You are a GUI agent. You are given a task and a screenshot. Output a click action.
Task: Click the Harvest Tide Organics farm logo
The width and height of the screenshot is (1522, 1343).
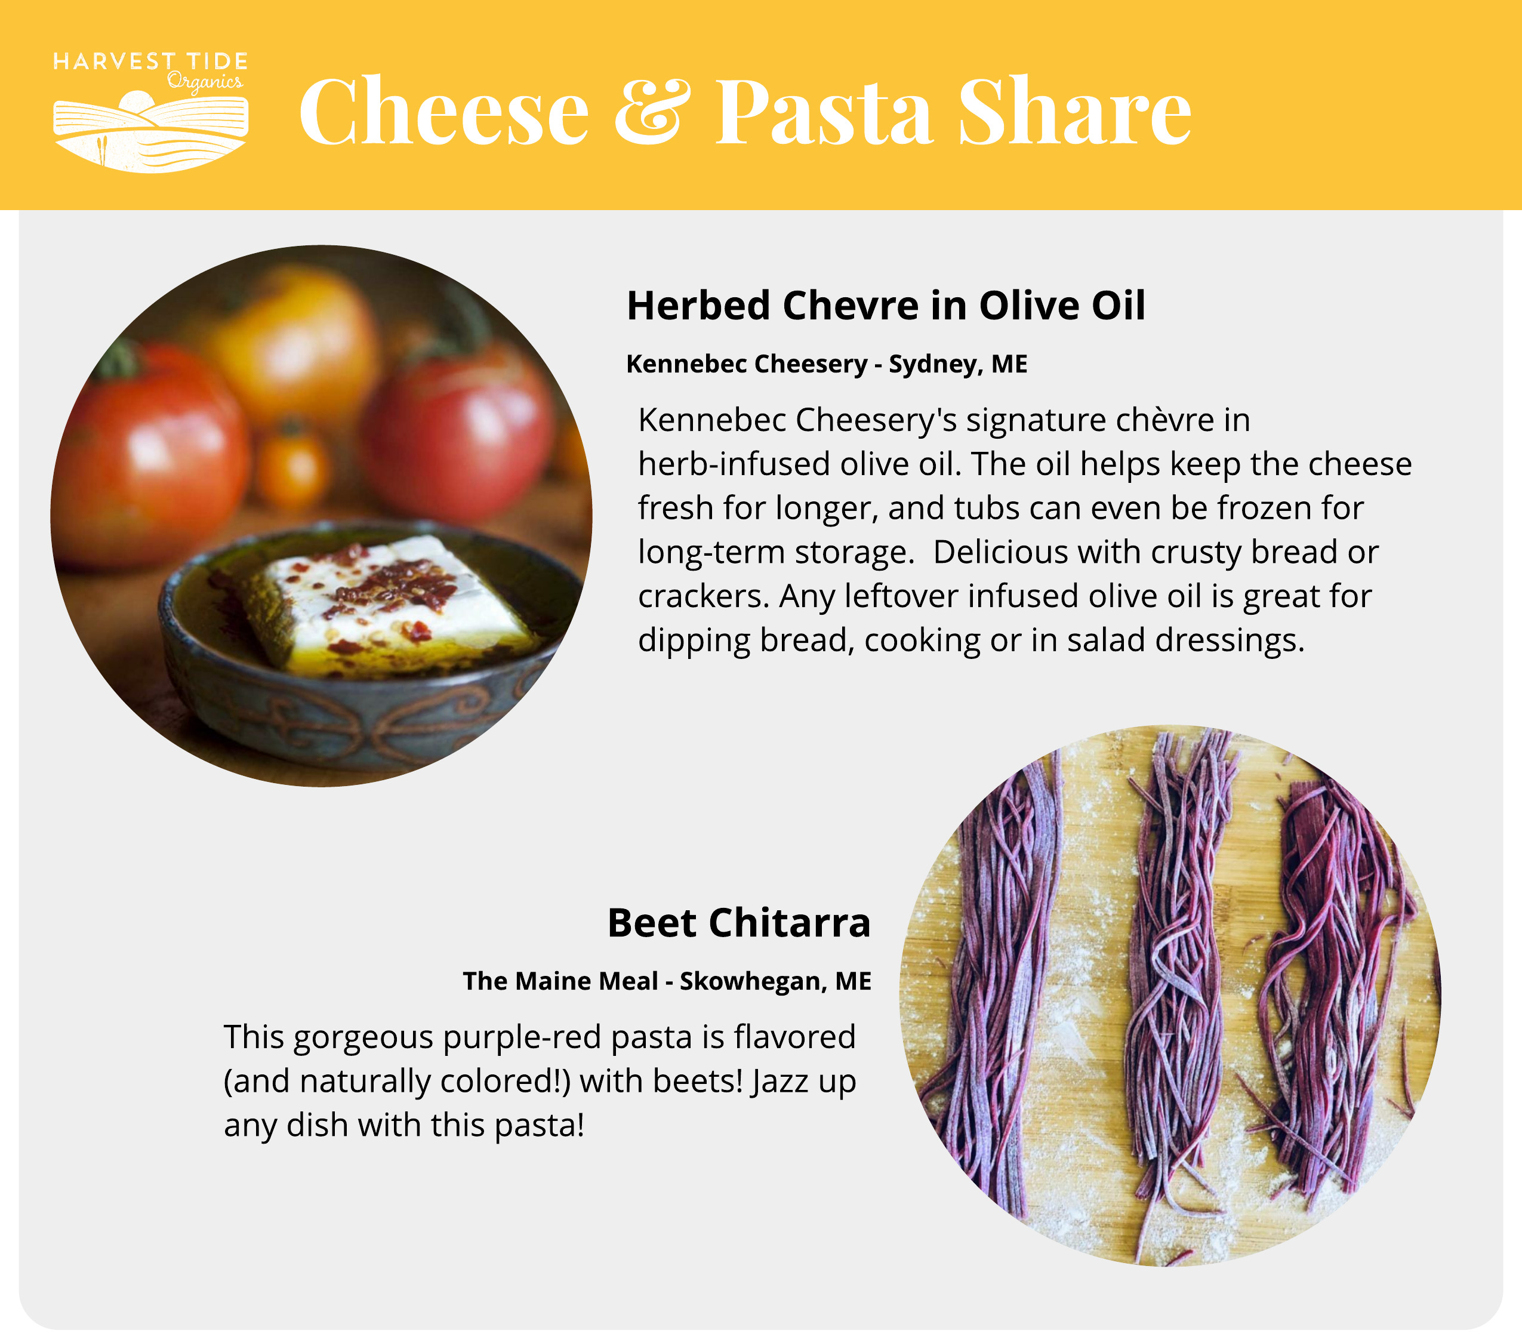coord(150,112)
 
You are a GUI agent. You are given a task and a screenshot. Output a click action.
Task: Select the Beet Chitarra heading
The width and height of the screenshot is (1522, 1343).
coord(739,923)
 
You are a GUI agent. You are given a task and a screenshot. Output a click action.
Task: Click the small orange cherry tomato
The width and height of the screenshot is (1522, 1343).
coord(292,466)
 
